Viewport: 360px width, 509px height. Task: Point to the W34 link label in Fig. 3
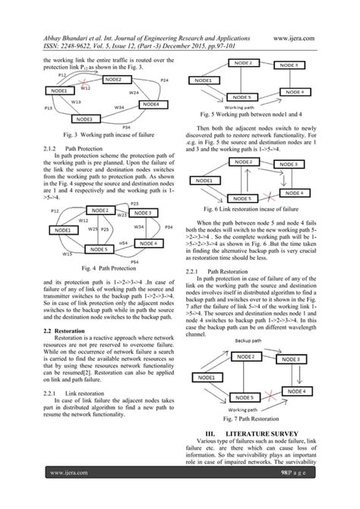click(x=120, y=108)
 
